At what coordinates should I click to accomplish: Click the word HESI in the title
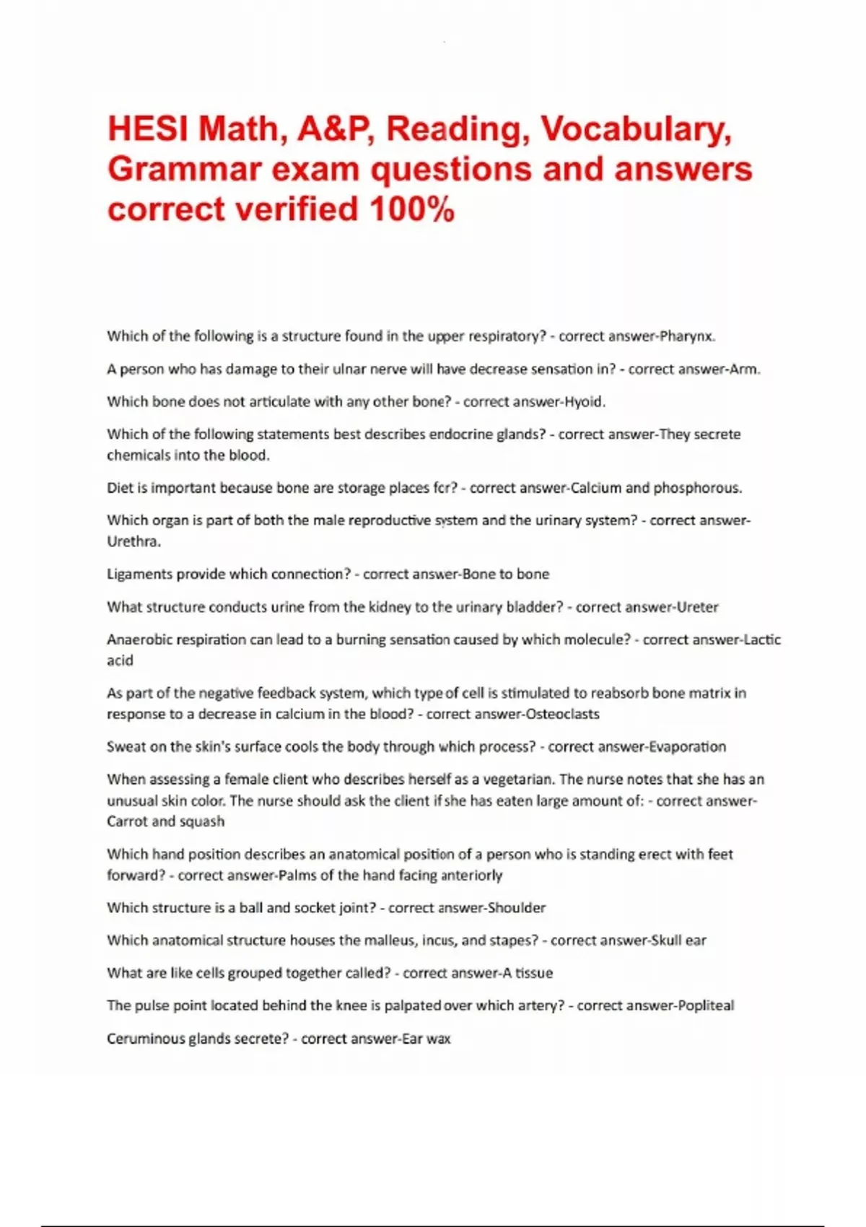(x=148, y=128)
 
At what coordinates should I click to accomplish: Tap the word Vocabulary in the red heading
(x=635, y=128)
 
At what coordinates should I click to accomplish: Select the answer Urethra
(x=134, y=541)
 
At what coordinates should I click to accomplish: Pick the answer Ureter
(x=697, y=607)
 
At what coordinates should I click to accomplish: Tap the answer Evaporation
(x=687, y=747)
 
